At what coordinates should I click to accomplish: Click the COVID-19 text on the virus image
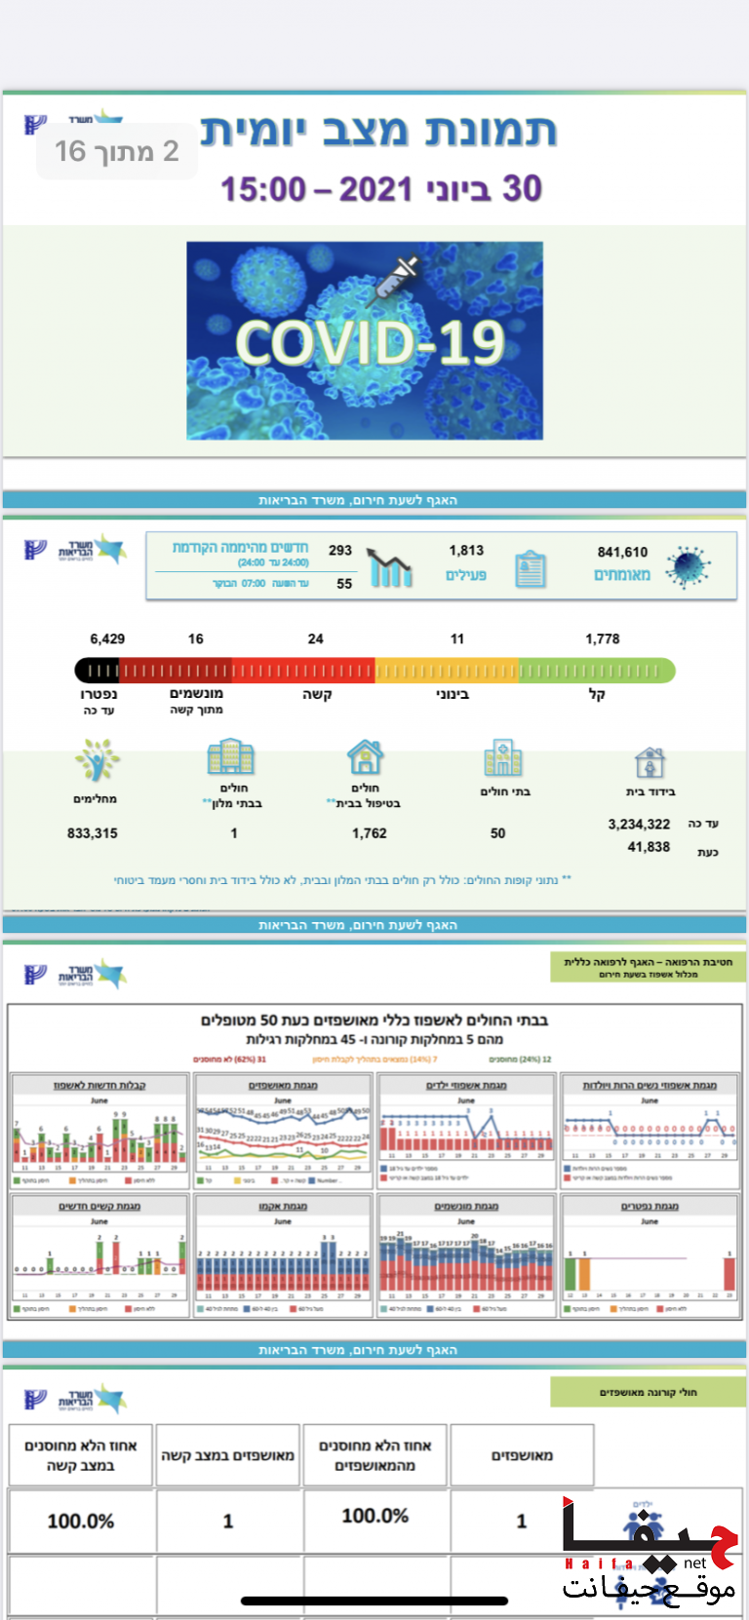[x=370, y=343]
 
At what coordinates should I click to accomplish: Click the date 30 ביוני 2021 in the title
[x=381, y=188]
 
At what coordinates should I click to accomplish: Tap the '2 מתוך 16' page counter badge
[x=117, y=151]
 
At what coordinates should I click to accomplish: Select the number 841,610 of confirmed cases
[x=622, y=552]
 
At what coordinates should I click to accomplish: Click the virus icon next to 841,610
[x=689, y=566]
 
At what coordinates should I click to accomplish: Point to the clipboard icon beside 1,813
[x=530, y=568]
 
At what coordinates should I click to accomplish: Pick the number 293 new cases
[x=340, y=550]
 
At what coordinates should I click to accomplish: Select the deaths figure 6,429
[x=107, y=639]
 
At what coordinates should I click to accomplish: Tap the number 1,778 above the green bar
[x=603, y=639]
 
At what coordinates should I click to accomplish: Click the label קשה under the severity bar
[x=317, y=695]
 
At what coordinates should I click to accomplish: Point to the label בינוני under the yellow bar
[x=452, y=695]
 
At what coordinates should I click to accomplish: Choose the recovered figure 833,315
[x=93, y=833]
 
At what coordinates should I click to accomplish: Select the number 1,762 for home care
[x=370, y=833]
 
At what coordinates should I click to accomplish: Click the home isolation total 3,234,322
[x=639, y=825]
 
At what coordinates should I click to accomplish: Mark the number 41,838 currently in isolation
[x=649, y=847]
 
